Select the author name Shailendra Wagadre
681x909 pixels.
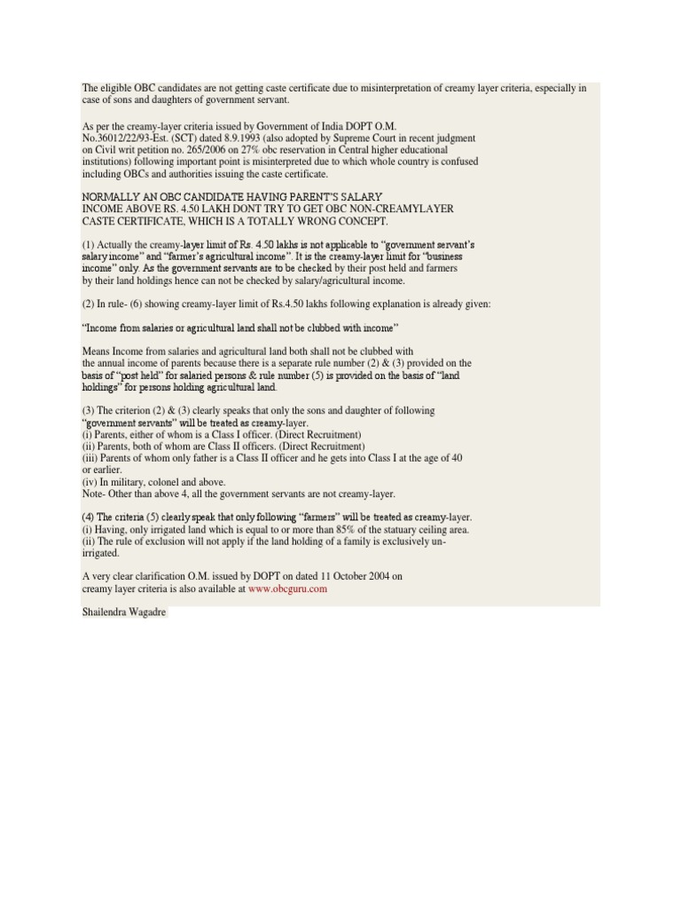[122, 613]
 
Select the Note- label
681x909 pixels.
[94, 494]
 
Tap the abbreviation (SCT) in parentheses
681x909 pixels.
[194, 138]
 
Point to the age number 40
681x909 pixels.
[456, 458]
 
